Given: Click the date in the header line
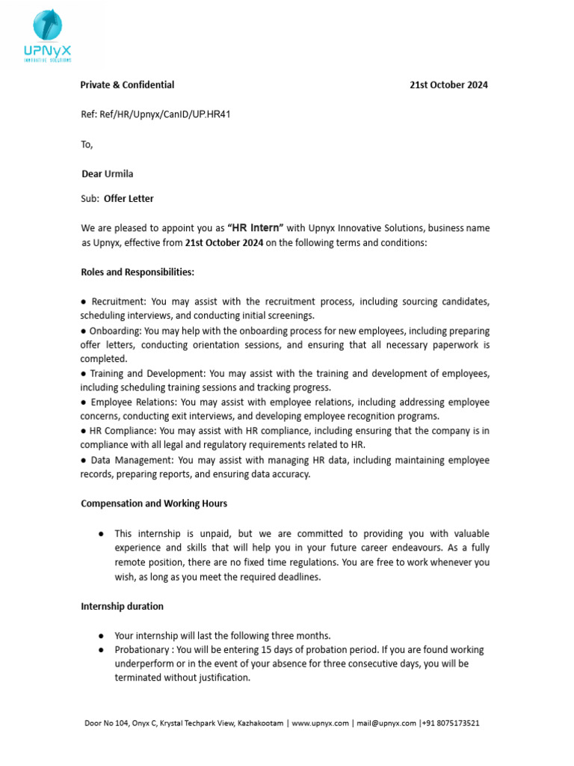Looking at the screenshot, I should tap(448, 85).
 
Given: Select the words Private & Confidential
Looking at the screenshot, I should tap(127, 85).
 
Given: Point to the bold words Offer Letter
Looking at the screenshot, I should tap(129, 199).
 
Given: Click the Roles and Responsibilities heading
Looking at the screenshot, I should tap(137, 272).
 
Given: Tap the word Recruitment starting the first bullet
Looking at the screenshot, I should tap(119, 301).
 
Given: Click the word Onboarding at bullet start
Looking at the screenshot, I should tap(115, 331).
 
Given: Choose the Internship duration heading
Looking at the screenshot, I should tap(122, 606).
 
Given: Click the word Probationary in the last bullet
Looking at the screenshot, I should tap(141, 650).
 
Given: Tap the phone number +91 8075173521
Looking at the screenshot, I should tap(451, 723).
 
